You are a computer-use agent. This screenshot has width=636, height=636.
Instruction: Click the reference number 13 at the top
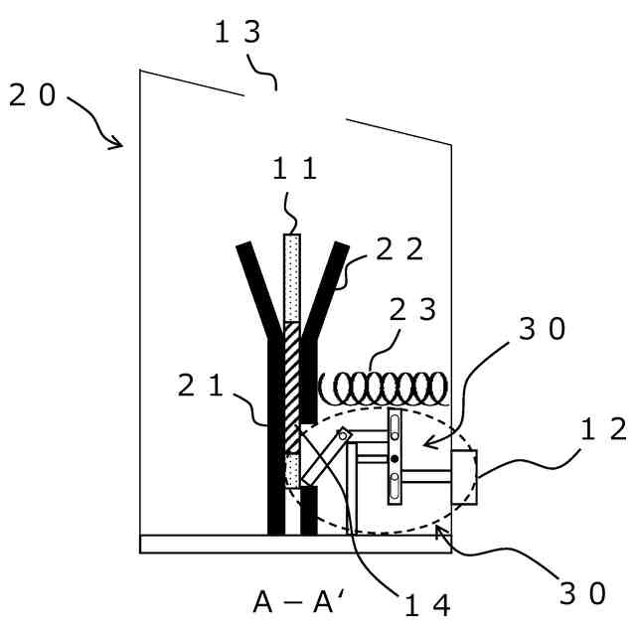(238, 32)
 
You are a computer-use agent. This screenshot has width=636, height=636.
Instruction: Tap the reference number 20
(32, 95)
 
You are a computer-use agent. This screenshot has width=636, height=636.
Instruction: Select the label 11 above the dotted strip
(295, 168)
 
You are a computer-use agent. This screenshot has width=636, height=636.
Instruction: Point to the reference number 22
(399, 248)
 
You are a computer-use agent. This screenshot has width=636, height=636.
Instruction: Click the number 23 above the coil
(412, 310)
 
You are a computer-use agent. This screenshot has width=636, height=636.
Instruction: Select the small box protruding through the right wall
(464, 476)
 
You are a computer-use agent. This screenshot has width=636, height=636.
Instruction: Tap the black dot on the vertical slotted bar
(395, 458)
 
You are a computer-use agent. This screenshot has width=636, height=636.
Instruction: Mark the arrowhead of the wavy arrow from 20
(118, 145)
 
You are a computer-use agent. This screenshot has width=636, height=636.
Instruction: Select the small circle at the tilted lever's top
(344, 434)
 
